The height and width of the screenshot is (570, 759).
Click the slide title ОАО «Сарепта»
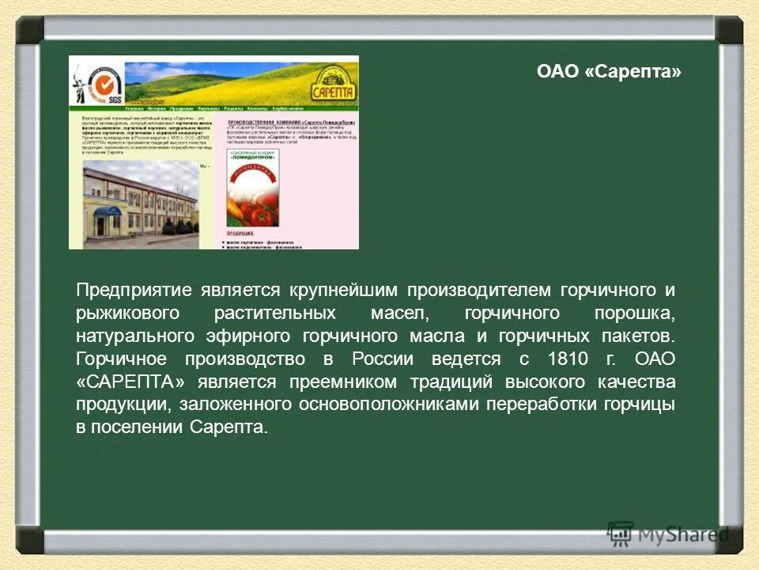608,72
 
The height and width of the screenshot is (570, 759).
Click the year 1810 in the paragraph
568,359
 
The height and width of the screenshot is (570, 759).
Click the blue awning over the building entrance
108,211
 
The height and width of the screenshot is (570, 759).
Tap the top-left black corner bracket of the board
30,30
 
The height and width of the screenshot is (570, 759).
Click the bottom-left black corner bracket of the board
30,539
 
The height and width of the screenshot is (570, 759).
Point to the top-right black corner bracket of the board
728,30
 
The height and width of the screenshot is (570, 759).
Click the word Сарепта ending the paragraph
228,427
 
